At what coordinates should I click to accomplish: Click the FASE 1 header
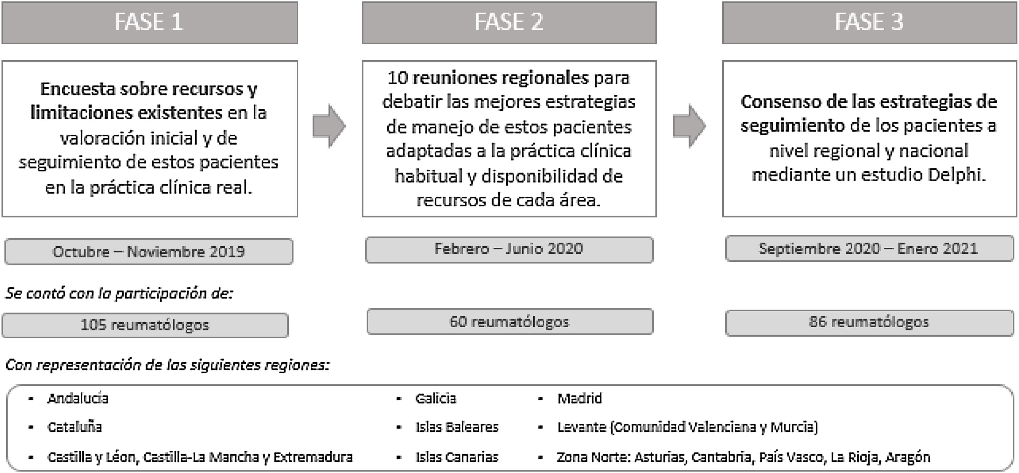click(x=150, y=22)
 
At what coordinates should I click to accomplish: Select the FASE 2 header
click(x=509, y=22)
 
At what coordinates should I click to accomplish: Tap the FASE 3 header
click(x=869, y=22)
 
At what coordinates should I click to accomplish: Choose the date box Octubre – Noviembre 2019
click(x=149, y=252)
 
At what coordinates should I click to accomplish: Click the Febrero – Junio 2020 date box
click(x=509, y=250)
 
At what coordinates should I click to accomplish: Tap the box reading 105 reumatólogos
click(x=145, y=325)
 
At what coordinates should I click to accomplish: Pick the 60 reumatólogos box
click(x=510, y=322)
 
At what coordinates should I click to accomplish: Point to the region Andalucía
click(x=78, y=398)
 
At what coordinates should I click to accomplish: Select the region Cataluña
click(x=75, y=427)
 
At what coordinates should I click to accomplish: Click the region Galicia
click(x=436, y=398)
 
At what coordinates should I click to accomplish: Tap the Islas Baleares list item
click(x=457, y=427)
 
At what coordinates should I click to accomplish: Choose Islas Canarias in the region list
click(x=457, y=457)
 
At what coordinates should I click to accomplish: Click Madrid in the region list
click(x=580, y=398)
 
